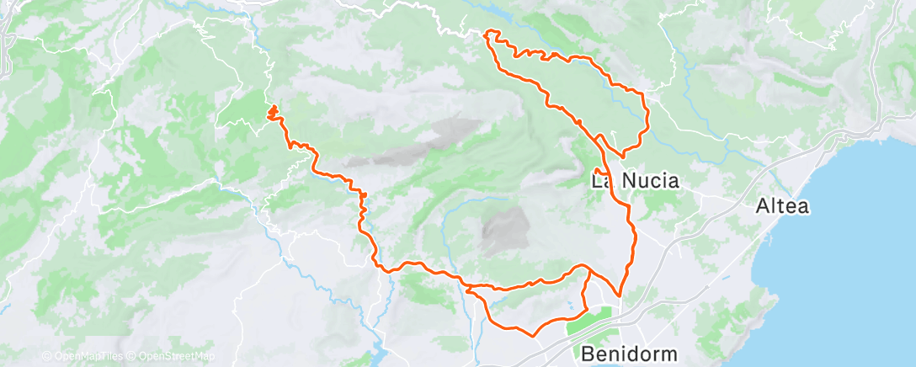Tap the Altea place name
(x=783, y=205)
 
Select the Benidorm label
(x=627, y=352)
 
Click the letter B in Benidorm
(x=588, y=352)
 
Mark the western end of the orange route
(x=271, y=110)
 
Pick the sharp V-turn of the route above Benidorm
(x=620, y=295)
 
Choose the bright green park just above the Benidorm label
(x=589, y=323)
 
